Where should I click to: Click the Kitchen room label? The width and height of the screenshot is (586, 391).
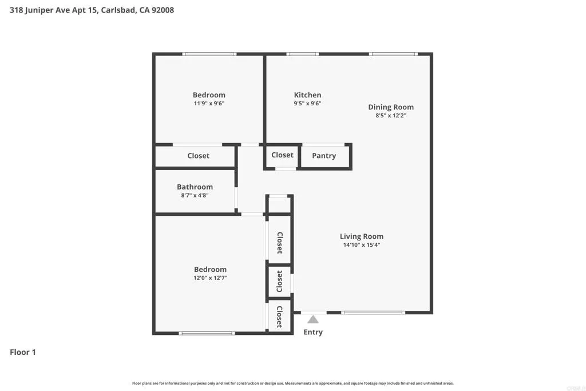tap(307, 95)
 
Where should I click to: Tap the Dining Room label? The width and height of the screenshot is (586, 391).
tap(390, 107)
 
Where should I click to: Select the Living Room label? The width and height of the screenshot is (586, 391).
tap(361, 236)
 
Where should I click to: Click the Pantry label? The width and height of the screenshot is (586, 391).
tap(324, 156)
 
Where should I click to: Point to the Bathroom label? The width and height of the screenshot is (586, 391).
tap(195, 187)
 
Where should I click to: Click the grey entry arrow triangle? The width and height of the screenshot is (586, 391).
tap(312, 319)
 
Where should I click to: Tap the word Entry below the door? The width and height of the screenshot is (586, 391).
tap(313, 332)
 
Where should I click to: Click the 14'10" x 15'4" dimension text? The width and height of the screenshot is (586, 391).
tap(361, 245)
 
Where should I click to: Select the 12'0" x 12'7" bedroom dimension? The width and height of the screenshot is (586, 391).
tap(210, 278)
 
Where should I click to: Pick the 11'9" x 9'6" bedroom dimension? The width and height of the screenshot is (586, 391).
tap(209, 104)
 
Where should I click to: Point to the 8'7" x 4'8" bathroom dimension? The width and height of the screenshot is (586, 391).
tap(195, 195)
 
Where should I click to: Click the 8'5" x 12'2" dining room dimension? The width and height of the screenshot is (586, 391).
tap(390, 116)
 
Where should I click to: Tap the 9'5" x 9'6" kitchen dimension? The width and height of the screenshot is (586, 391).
tap(307, 104)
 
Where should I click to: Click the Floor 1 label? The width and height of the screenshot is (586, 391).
tap(23, 352)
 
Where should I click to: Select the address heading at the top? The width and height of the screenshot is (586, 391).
tap(92, 10)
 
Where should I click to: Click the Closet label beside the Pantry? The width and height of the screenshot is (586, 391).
tap(282, 155)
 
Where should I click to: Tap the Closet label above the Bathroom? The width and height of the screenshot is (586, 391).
tap(199, 156)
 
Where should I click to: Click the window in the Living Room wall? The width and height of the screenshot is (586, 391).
tap(373, 313)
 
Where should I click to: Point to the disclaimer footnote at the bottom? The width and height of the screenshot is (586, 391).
tap(293, 383)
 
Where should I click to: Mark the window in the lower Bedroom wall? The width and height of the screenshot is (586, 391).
tap(207, 333)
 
